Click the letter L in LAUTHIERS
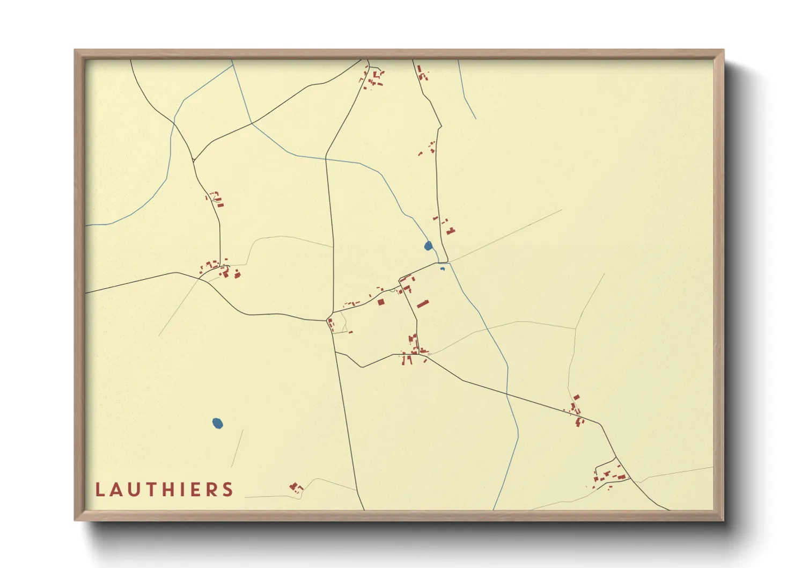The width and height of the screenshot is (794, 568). tap(99, 490)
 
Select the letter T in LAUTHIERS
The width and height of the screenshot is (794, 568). tap(152, 490)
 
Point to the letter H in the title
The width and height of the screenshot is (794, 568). tap(172, 490)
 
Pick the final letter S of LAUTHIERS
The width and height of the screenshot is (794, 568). tap(229, 490)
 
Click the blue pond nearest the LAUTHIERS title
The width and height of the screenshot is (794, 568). tap(217, 424)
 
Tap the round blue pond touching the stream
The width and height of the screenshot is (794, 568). tap(428, 246)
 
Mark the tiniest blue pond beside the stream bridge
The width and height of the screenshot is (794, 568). tap(442, 268)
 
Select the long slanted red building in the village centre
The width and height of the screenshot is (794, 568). tap(423, 304)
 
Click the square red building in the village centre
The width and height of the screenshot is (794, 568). tap(381, 302)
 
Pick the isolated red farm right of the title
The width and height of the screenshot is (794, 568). tap(295, 487)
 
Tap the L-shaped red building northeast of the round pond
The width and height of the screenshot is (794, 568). tap(450, 231)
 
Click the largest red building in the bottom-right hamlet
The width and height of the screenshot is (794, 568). tap(622, 476)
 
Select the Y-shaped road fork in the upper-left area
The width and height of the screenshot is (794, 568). tap(194, 160)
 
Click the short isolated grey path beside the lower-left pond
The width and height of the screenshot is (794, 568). tap(237, 449)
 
